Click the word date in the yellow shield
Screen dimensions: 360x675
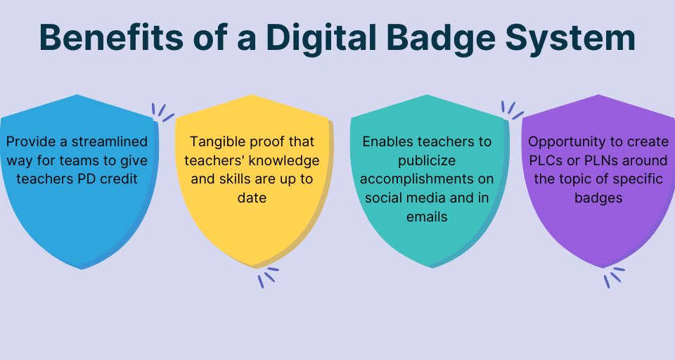[252, 198]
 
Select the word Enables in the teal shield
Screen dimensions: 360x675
[385, 142]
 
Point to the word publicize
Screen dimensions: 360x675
[427, 160]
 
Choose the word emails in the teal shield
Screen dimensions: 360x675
[427, 217]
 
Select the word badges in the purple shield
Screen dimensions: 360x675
[598, 198]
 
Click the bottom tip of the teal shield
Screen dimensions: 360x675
[430, 266]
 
